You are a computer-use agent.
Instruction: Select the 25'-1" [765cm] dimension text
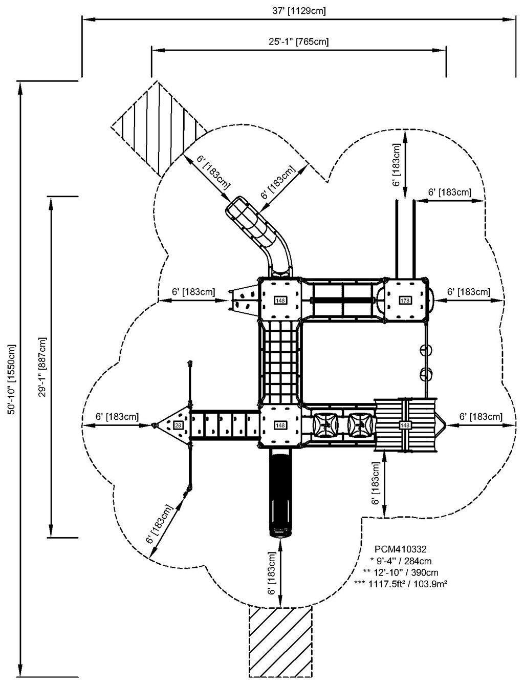(x=299, y=42)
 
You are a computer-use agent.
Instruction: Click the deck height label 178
(x=405, y=300)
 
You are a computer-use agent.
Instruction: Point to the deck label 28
(x=178, y=425)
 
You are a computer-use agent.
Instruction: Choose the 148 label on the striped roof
(x=405, y=425)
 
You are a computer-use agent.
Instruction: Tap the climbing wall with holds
(x=242, y=300)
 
